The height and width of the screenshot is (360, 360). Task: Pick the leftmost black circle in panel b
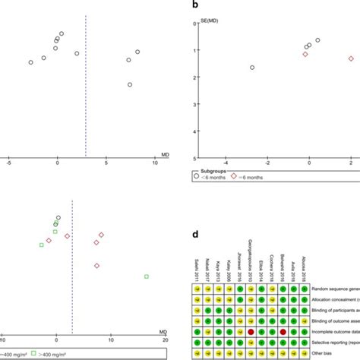coord(252,68)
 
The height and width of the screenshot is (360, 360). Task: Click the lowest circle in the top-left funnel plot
coord(130,84)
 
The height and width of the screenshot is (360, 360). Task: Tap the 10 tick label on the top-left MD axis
coord(155,162)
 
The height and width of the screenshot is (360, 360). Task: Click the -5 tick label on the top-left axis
coord(8,162)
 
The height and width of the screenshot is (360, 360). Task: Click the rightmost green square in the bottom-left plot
coord(147,276)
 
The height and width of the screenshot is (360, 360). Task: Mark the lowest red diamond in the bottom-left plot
coord(96,266)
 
